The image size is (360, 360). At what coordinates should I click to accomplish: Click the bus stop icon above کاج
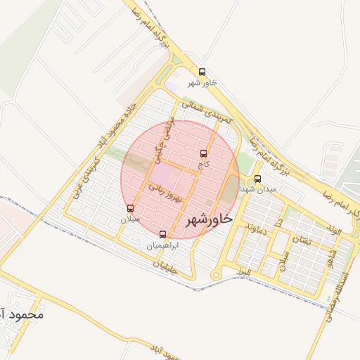(204, 153)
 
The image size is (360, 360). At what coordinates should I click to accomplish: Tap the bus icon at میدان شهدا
(258, 179)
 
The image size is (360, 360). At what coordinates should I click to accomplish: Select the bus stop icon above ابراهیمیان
(163, 234)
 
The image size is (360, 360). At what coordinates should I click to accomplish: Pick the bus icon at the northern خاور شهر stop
(202, 72)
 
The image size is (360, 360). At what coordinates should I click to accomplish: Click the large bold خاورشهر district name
(209, 220)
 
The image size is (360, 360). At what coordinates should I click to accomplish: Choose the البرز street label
(244, 271)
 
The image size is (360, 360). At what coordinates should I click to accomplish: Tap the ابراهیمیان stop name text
(162, 246)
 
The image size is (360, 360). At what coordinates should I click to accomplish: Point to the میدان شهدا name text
(258, 190)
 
